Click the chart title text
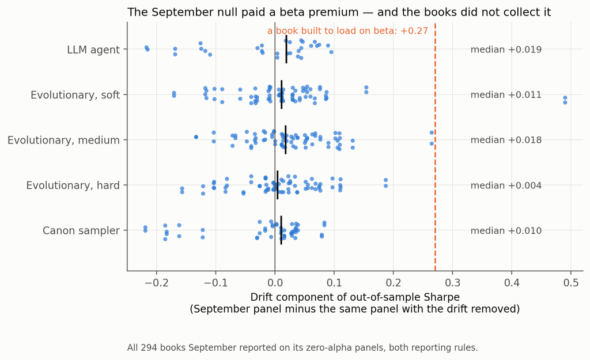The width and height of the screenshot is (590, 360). (339, 12)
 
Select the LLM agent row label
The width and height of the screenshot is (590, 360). (93, 50)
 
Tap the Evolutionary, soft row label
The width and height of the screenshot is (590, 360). (75, 95)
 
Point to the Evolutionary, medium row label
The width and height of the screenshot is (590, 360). (63, 140)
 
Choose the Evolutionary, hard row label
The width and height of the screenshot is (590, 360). (73, 185)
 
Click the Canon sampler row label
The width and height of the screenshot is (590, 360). (81, 230)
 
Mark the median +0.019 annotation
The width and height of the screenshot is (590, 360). (506, 50)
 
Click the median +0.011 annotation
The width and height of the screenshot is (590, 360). (506, 95)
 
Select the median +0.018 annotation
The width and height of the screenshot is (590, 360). (506, 140)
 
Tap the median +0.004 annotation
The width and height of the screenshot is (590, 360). (506, 185)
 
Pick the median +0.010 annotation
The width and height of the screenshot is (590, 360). (506, 230)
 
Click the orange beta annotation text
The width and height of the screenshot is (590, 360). (347, 31)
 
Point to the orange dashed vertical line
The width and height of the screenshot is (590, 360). (436, 147)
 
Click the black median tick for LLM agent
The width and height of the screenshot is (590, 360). (286, 50)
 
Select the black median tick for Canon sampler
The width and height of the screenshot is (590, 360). (281, 230)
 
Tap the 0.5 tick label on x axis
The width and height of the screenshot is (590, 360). (571, 282)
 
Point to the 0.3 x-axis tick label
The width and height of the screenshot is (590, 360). (452, 282)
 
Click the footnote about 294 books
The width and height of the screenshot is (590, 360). (302, 347)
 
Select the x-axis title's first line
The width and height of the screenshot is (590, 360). (355, 297)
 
